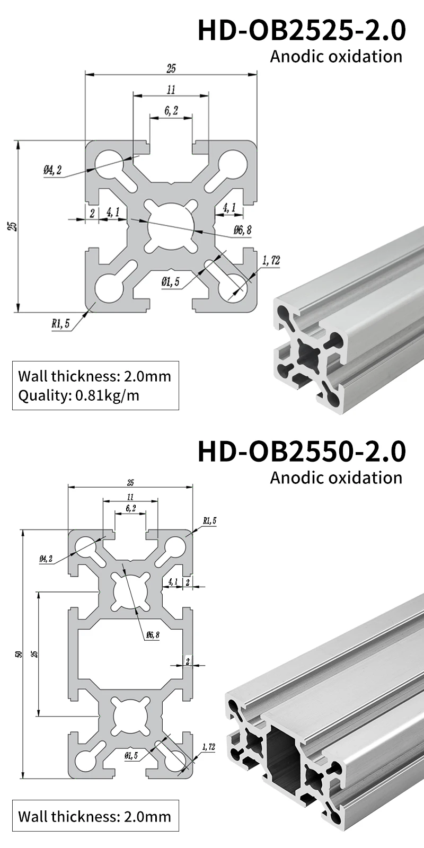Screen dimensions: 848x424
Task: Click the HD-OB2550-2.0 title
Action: click(301, 451)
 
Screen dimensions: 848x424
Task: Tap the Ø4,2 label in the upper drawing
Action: click(52, 170)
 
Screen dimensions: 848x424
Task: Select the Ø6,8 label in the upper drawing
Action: click(242, 229)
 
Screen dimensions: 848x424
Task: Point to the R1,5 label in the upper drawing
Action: click(60, 324)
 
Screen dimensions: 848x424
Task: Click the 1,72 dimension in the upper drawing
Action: click(271, 260)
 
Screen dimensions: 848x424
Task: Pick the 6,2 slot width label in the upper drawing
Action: click(171, 110)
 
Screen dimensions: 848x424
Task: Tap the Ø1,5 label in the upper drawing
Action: click(170, 281)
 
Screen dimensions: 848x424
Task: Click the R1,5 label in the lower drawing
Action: click(209, 521)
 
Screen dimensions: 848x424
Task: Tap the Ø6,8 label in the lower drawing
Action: click(152, 634)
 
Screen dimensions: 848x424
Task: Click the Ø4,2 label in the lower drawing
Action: click(46, 559)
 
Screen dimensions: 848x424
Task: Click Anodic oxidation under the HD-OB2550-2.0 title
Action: click(336, 477)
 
